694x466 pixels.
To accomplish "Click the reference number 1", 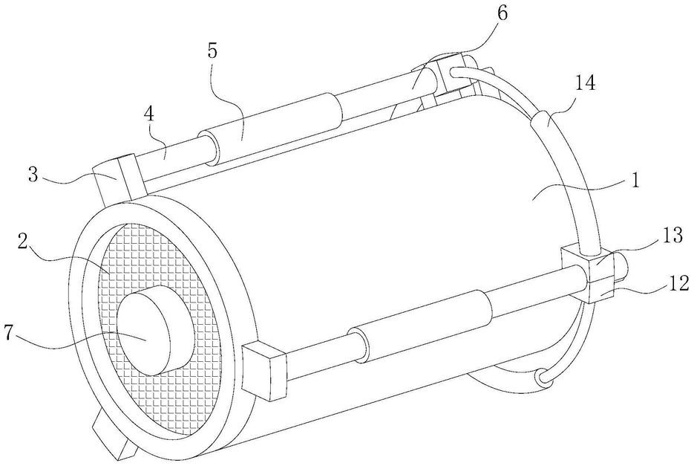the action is (635, 181).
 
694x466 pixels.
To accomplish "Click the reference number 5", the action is (212, 51).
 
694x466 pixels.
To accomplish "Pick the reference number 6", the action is (502, 13).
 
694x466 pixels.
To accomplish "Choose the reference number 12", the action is (676, 282).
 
